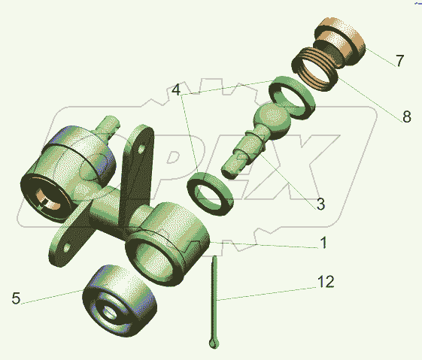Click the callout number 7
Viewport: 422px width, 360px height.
(x=400, y=60)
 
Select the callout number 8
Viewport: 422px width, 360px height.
(x=407, y=116)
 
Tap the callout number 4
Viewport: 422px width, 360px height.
(x=176, y=89)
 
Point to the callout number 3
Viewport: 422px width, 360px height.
(x=320, y=204)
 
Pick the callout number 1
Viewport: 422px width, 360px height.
(x=324, y=242)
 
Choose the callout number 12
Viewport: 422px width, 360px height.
(x=326, y=282)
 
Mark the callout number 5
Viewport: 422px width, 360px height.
(x=16, y=298)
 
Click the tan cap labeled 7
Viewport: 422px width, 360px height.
(x=340, y=41)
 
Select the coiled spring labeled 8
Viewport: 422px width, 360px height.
(x=315, y=69)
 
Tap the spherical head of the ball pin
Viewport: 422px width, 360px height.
(x=272, y=120)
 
